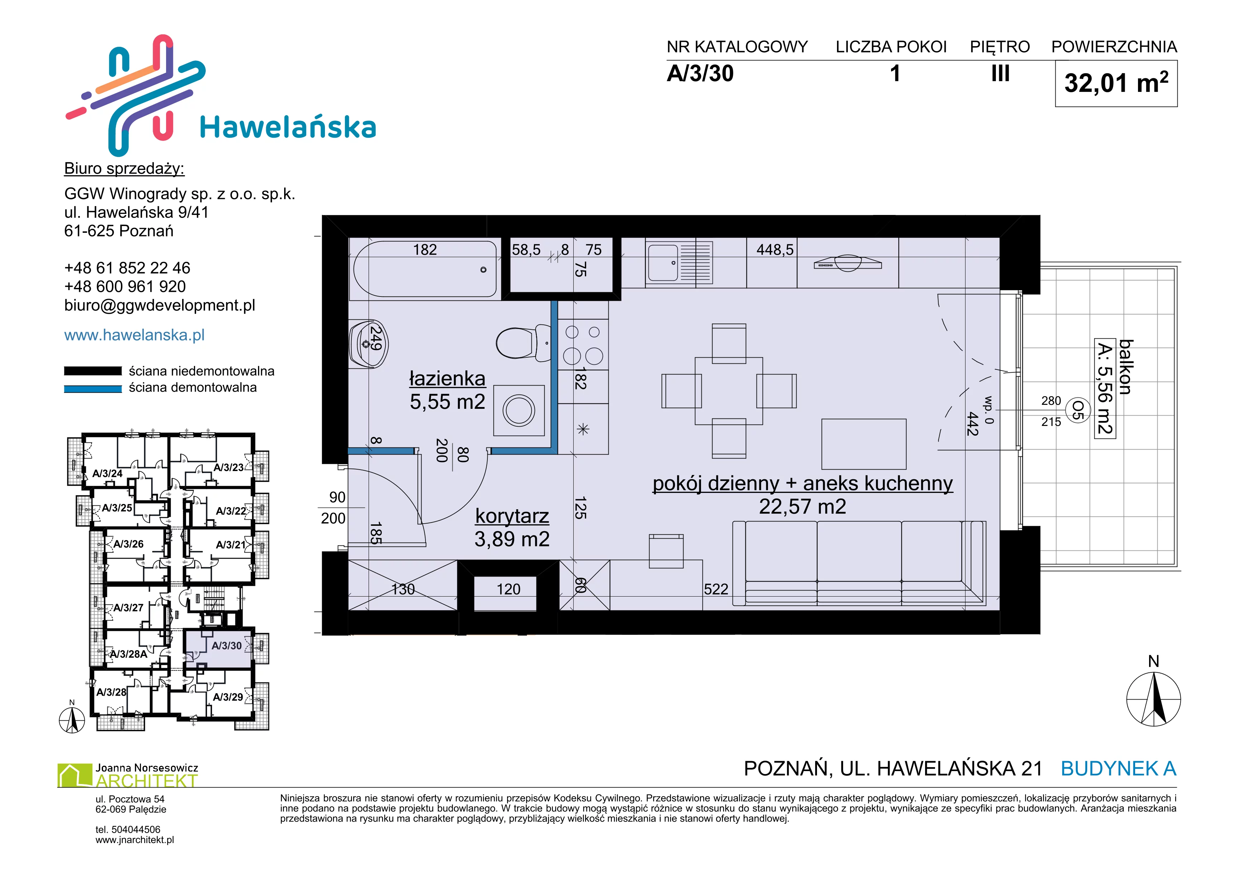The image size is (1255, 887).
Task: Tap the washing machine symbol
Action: click(x=519, y=411)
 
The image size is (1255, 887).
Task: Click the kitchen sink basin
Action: click(x=663, y=263)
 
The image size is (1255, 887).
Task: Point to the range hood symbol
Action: click(x=847, y=263)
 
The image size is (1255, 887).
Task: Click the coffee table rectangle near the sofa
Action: click(x=864, y=444)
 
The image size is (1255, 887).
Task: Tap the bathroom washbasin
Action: click(x=369, y=344)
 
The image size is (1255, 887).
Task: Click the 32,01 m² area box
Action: click(x=1116, y=84)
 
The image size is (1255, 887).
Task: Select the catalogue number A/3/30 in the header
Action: click(x=700, y=74)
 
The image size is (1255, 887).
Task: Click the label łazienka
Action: click(x=447, y=378)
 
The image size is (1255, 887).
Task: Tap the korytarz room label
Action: click(x=512, y=516)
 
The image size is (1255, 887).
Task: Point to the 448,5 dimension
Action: click(x=774, y=250)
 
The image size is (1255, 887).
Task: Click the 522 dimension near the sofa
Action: click(x=716, y=589)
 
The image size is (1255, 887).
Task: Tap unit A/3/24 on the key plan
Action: click(x=107, y=474)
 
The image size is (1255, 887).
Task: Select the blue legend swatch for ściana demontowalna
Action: click(x=93, y=389)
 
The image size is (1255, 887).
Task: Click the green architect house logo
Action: click(x=75, y=775)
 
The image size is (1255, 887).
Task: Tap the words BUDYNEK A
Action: click(x=1118, y=769)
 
